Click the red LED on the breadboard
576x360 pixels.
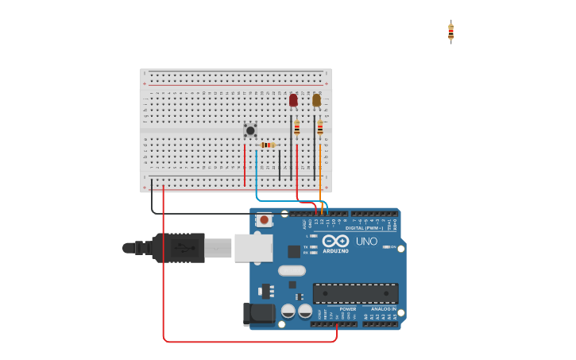[x=293, y=100]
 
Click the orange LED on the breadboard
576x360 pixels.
[x=316, y=100]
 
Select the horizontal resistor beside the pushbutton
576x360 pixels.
[x=268, y=145]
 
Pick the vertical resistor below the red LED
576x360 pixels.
[x=297, y=127]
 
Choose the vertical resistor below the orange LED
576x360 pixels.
[x=320, y=127]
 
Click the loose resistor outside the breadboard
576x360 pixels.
[x=450, y=32]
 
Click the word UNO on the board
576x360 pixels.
[x=366, y=241]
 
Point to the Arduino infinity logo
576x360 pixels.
[x=336, y=240]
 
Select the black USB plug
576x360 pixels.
[x=178, y=247]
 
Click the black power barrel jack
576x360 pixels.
[x=259, y=314]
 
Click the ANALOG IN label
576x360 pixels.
[x=383, y=309]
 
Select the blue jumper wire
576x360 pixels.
[x=257, y=175]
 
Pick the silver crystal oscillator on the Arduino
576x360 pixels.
[x=292, y=270]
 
